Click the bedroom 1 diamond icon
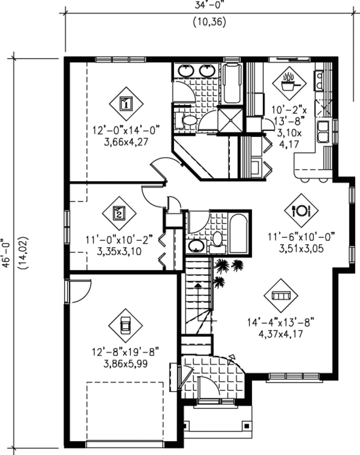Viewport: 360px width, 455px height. point(126,104)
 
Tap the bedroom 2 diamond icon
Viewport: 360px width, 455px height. point(119,213)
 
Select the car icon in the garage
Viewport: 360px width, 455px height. point(125,325)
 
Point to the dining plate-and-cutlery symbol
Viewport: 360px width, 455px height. point(301,210)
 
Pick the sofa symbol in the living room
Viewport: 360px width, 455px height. point(281,296)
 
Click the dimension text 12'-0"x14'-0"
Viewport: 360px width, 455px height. point(126,130)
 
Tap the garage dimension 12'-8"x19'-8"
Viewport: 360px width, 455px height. point(126,351)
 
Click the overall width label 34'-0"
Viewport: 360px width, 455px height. point(209,5)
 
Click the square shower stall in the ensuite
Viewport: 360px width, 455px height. point(230,120)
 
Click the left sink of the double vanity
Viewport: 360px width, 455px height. point(186,71)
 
